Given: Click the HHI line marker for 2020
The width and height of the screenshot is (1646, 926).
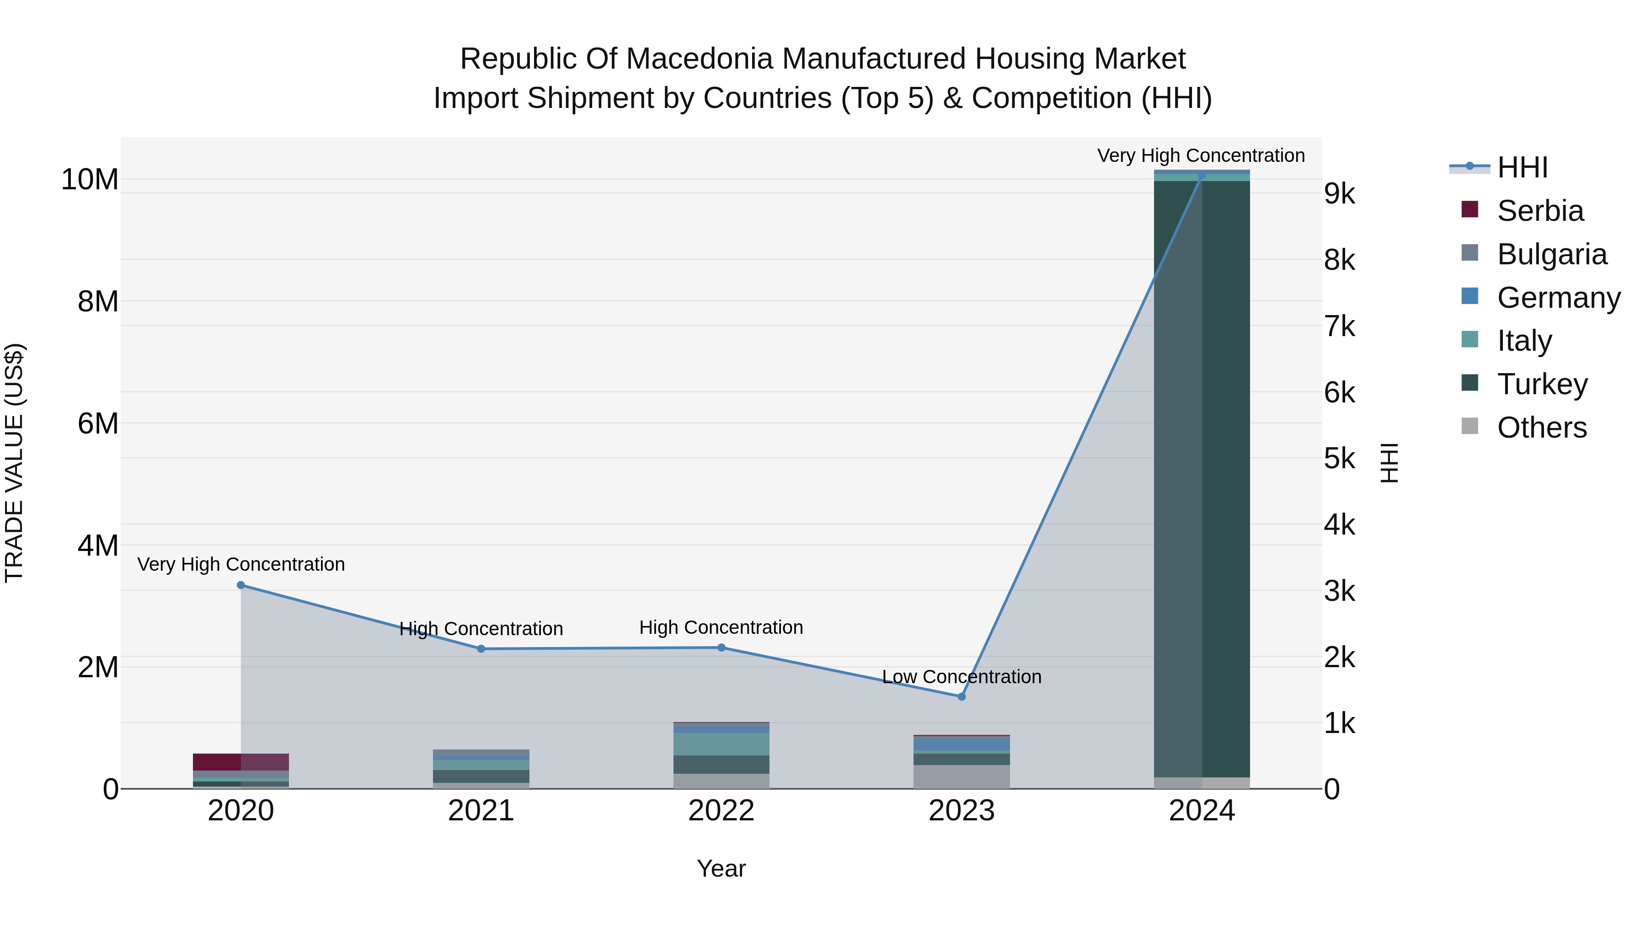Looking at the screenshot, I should [241, 585].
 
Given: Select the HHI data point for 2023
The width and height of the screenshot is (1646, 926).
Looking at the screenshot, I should [961, 696].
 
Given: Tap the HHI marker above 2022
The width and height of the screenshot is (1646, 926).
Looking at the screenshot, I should [721, 648].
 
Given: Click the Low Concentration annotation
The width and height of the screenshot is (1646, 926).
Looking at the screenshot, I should [961, 676].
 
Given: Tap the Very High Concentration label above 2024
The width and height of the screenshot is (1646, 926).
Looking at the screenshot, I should [1201, 155].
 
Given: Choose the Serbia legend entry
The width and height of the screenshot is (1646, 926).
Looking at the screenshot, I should [1539, 211].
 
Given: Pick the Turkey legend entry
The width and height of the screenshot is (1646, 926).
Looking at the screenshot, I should [1541, 384].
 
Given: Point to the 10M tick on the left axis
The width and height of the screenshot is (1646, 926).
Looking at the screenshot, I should [90, 180].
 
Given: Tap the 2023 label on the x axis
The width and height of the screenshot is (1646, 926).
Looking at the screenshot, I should [961, 811].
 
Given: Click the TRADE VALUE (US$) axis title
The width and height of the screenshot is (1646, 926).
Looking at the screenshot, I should [14, 463].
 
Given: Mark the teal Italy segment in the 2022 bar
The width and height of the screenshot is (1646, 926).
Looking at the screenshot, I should [721, 744].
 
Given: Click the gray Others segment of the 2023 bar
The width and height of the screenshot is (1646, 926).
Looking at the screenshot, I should [961, 776].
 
